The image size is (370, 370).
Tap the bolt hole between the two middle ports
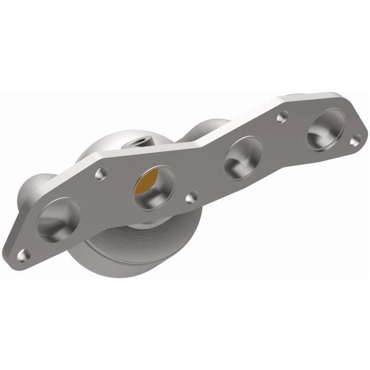coord(191,198)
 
